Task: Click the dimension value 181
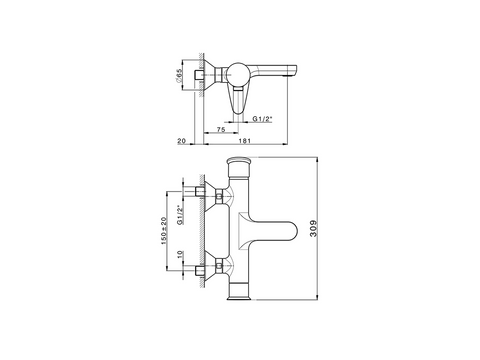[245, 141]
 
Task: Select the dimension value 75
[221, 130]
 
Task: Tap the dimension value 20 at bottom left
[181, 141]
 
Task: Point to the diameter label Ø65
[178, 76]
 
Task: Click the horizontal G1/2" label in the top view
[263, 119]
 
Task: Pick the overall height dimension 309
[314, 228]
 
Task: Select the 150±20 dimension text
[164, 231]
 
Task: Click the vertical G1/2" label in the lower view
[180, 215]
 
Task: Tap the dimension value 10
[180, 254]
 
